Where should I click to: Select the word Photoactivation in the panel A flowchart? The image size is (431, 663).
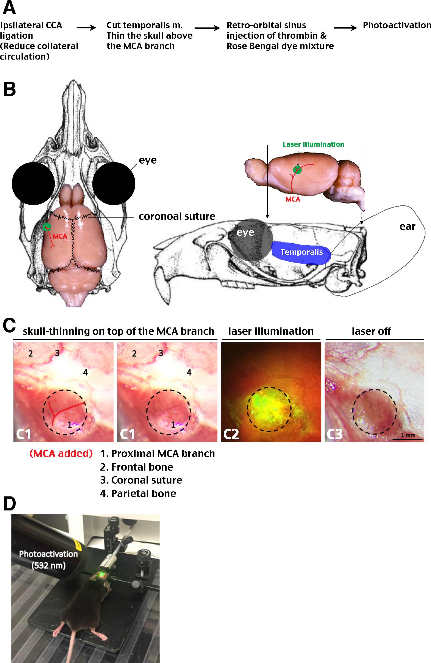pos(397,25)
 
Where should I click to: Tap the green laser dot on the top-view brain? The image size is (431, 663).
pos(47,227)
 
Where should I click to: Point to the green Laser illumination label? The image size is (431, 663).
pos(313,144)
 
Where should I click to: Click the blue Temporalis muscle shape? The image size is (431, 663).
pos(301,252)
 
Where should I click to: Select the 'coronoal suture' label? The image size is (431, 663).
pos(177,216)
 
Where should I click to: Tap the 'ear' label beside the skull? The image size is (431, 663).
pos(407,227)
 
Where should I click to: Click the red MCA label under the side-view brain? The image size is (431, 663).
pos(293,199)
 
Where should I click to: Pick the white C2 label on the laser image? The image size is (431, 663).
pos(231,434)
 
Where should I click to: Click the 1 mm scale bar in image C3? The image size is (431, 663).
pos(408,439)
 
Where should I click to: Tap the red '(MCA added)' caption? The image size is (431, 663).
pos(61,454)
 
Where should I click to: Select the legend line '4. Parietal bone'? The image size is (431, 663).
pos(138,493)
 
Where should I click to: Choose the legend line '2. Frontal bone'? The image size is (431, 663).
pos(137,467)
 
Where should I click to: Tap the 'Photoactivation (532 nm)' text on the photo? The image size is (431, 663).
pos(48,560)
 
